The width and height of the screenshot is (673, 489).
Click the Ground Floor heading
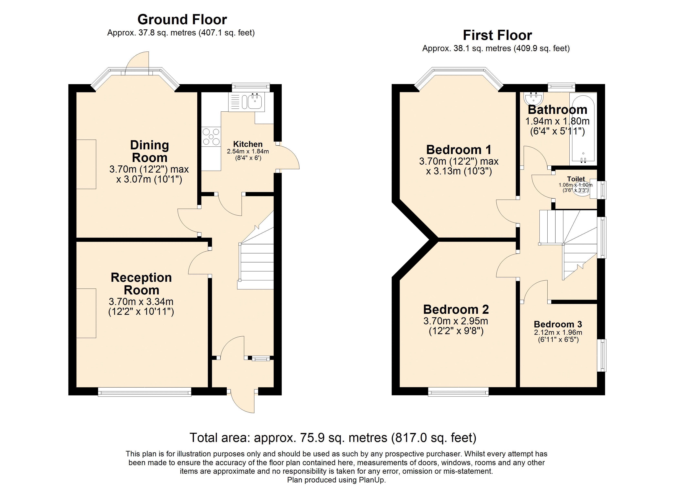182,20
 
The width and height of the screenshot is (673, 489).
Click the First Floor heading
497,35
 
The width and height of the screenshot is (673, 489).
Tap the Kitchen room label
248,144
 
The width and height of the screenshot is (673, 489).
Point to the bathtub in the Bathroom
583,129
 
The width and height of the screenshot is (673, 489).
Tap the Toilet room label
576,179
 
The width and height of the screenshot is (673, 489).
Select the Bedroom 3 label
558,324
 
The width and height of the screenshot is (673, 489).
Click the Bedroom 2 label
456,309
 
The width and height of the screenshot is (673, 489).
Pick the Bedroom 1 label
459,150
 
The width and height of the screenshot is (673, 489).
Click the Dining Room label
149,151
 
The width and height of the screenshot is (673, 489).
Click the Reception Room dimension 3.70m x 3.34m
141,302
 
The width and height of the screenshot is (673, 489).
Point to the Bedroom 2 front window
458,392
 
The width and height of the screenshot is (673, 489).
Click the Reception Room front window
145,392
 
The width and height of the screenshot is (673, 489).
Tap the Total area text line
333,438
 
